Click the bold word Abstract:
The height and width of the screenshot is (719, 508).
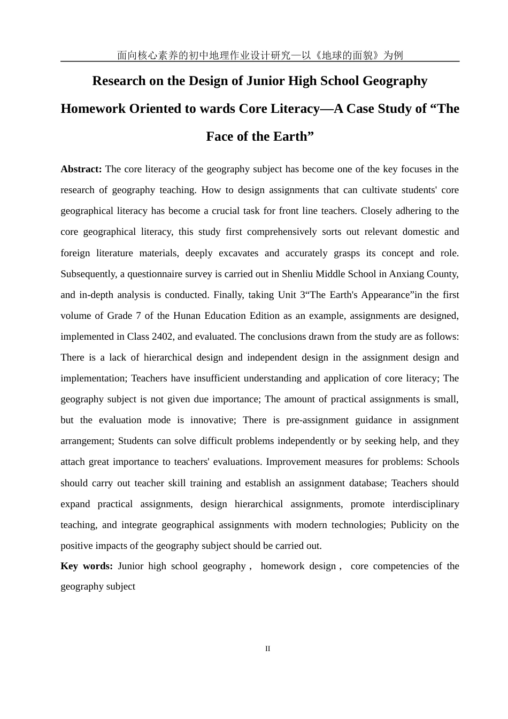(x=81, y=169)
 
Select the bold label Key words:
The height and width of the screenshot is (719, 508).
(x=87, y=566)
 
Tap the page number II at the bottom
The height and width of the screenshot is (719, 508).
(x=268, y=649)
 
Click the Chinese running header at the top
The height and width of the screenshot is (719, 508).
(x=260, y=55)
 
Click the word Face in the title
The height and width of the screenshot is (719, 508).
(x=220, y=136)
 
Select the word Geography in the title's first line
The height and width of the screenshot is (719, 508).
(x=395, y=81)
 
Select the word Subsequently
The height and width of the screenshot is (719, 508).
(x=88, y=274)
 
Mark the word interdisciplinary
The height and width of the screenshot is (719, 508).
(x=426, y=504)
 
